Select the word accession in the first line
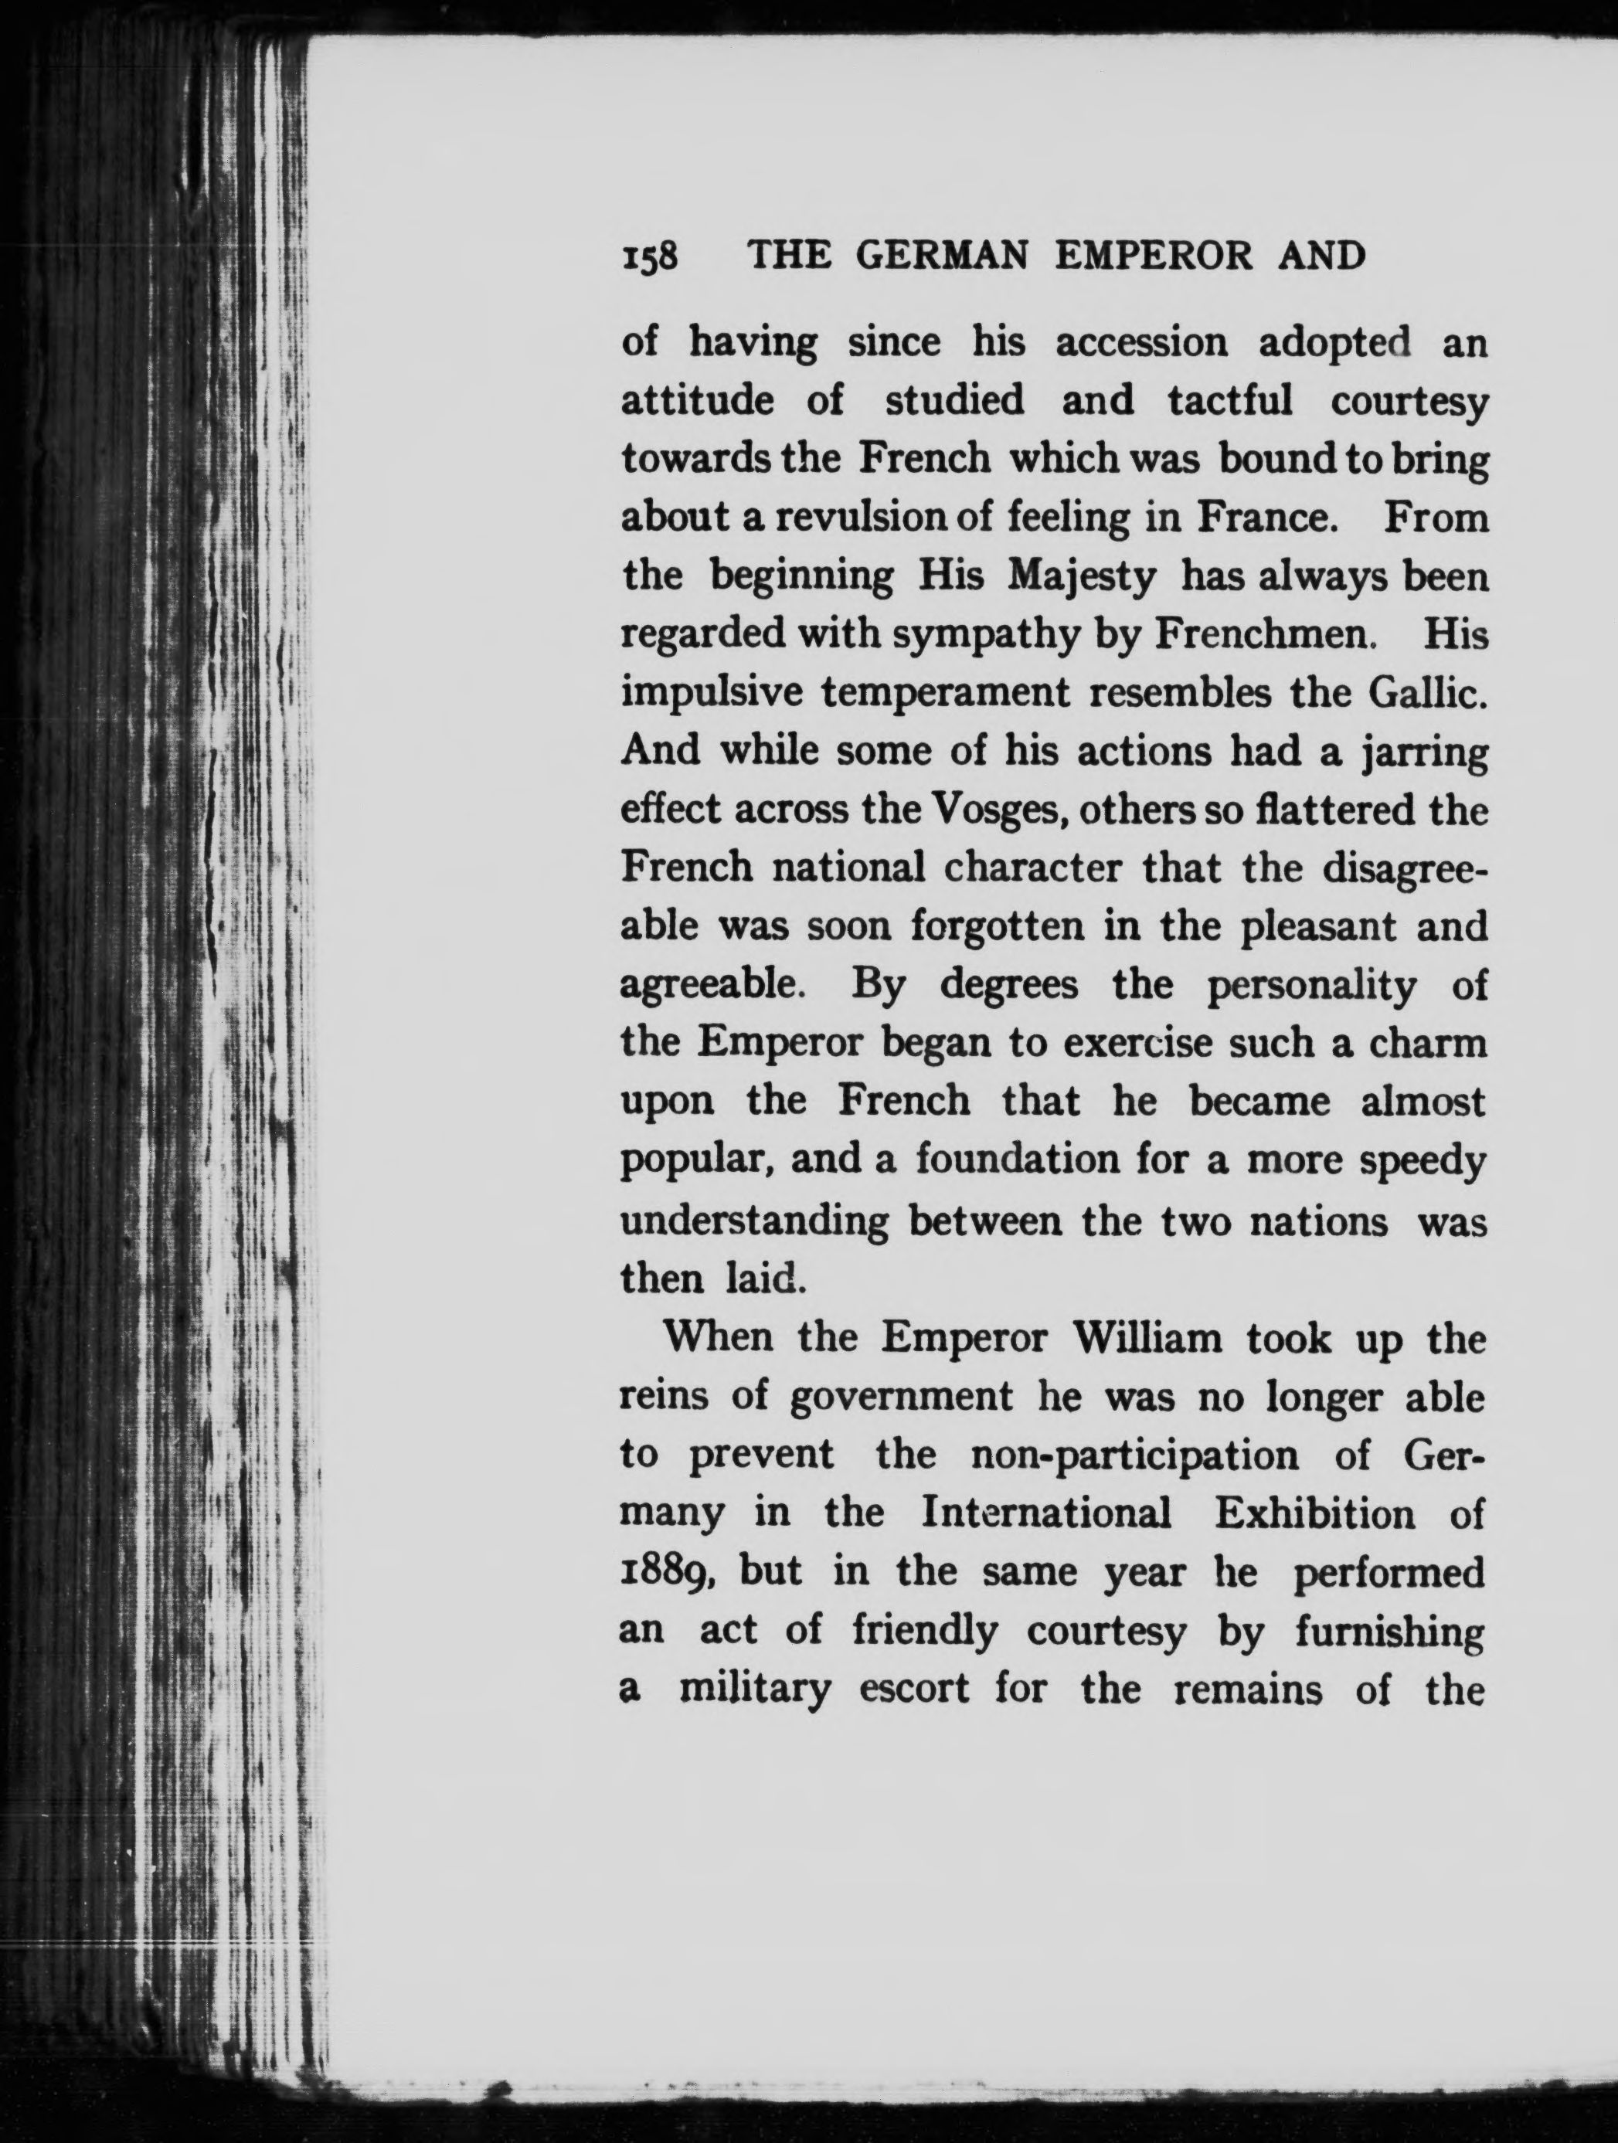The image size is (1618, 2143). (1140, 344)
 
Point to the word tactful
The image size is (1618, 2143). (1230, 402)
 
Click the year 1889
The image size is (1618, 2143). (668, 1572)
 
